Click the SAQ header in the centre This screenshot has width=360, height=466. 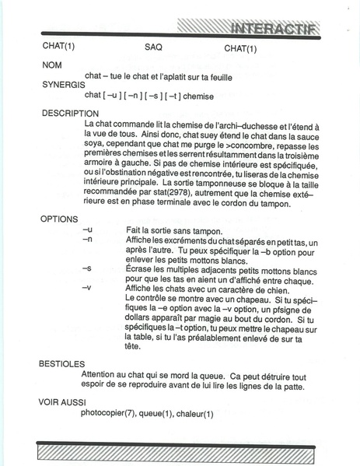(153, 48)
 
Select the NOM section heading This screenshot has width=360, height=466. (51, 65)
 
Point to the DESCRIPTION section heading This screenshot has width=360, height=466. (71, 113)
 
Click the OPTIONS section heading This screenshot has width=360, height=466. (59, 219)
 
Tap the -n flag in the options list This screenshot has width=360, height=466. (87, 241)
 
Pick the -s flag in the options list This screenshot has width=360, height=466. (87, 268)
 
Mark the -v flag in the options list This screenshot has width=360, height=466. (87, 287)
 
